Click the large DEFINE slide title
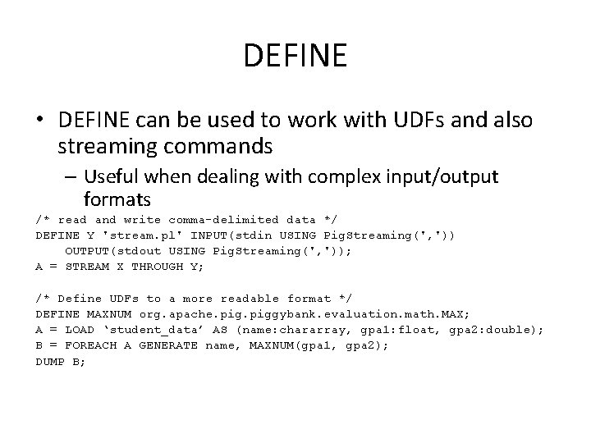tap(295, 57)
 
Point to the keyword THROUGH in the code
tap(158, 267)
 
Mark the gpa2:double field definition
tap(495, 330)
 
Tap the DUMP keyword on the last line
tap(50, 361)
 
